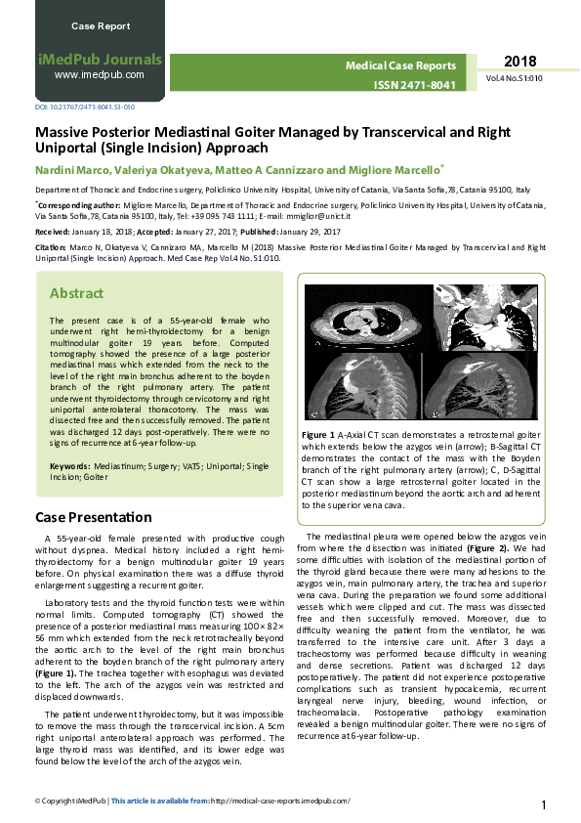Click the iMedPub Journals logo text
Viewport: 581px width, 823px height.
click(100, 59)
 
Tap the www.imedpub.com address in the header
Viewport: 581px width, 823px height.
click(100, 74)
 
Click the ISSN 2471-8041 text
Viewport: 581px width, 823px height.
click(415, 85)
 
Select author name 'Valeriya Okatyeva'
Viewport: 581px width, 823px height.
click(160, 168)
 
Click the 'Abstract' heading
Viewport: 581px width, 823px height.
click(76, 293)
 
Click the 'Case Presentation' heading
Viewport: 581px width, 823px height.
click(94, 516)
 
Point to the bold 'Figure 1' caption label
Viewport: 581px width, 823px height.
click(319, 434)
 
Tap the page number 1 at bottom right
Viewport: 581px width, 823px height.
click(543, 804)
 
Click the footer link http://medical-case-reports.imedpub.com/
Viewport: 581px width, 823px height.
click(279, 800)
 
